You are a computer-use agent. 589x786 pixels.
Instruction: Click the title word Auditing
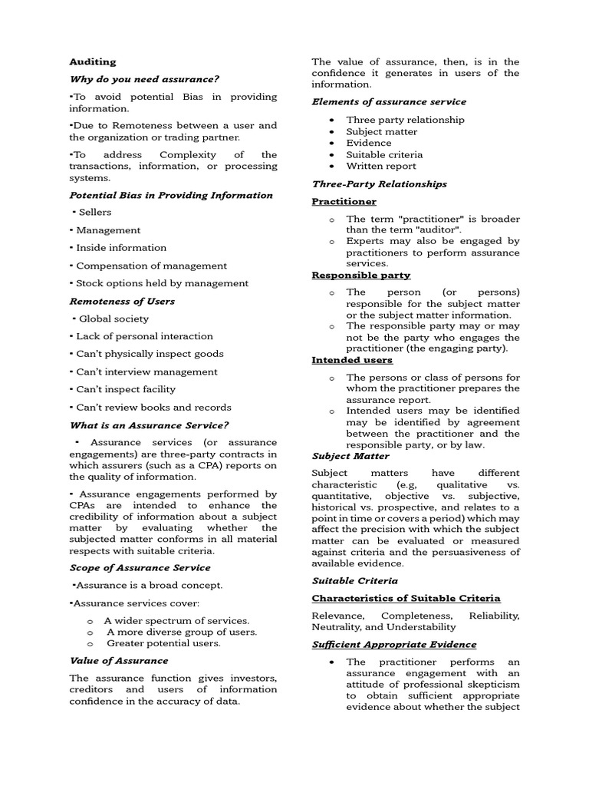93,61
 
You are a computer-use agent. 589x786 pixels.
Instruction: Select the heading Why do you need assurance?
144,79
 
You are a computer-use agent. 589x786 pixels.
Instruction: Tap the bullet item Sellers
95,212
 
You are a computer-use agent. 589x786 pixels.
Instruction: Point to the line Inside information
121,248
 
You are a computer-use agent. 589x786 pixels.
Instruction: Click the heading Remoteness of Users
122,301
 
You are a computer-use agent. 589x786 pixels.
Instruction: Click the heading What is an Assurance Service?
150,425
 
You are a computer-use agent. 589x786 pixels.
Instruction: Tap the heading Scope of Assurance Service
140,567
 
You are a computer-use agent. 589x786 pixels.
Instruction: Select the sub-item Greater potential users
163,643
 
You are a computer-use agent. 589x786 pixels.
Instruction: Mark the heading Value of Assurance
119,660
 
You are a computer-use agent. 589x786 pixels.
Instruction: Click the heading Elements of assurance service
389,101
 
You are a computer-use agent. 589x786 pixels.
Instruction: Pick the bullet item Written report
381,166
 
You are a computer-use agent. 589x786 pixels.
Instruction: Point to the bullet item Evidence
369,143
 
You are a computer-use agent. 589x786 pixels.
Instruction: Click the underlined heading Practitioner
344,201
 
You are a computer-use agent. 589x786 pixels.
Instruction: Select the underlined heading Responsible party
360,275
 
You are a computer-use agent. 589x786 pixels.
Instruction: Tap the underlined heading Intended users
352,359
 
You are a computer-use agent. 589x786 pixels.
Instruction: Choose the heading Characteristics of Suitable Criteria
406,598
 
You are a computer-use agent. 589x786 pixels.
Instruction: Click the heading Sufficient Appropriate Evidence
393,644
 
